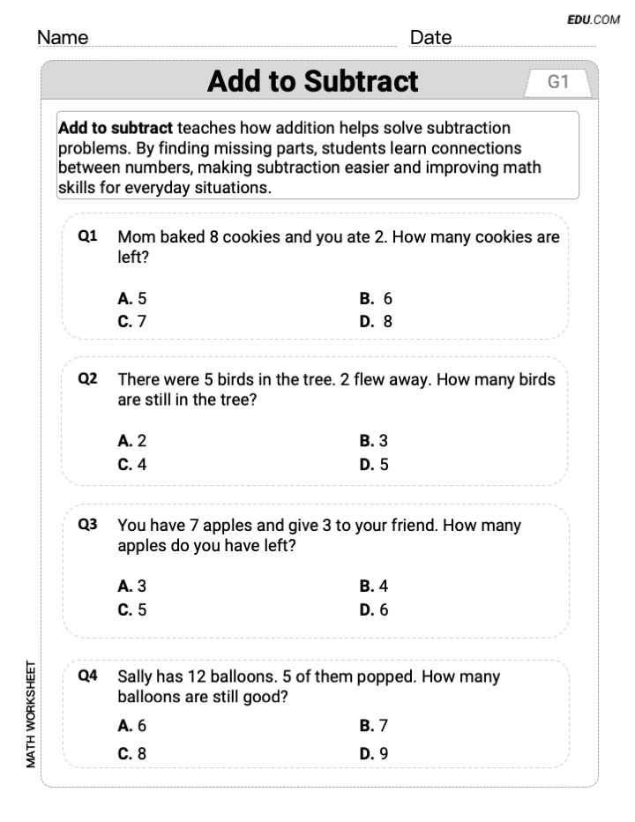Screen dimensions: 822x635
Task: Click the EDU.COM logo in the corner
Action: click(x=594, y=19)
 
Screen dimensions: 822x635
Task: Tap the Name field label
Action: click(x=63, y=38)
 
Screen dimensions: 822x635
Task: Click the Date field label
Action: click(x=430, y=38)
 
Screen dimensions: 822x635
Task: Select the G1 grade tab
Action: click(x=558, y=82)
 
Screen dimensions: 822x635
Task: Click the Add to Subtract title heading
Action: click(x=312, y=81)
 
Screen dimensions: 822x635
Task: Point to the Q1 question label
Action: click(x=87, y=236)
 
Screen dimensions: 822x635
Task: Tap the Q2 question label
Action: click(x=87, y=379)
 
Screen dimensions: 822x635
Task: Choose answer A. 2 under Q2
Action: click(x=132, y=441)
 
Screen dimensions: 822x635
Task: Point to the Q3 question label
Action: click(x=87, y=525)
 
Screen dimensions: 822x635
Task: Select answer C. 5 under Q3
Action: click(x=132, y=609)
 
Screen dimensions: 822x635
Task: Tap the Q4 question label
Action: click(x=87, y=676)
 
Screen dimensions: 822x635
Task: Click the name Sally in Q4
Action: click(x=137, y=676)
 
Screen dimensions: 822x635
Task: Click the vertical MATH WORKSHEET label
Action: click(x=32, y=714)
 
